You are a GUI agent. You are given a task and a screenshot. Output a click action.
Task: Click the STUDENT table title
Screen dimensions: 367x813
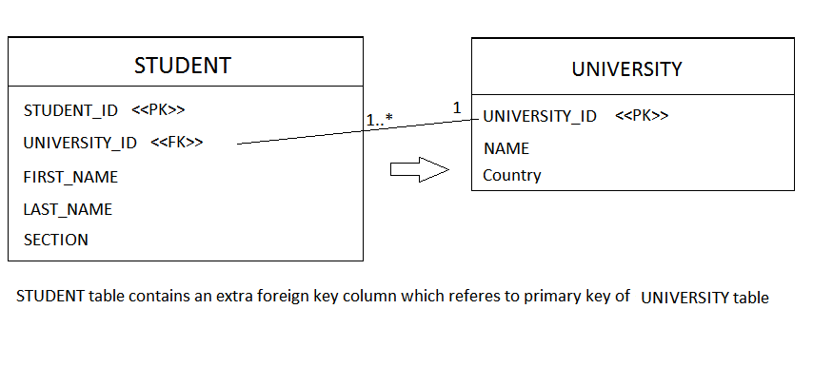(x=183, y=66)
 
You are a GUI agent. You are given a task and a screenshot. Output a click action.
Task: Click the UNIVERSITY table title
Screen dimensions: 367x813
(x=626, y=68)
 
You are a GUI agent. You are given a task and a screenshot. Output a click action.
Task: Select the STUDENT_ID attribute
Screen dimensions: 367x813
(x=70, y=110)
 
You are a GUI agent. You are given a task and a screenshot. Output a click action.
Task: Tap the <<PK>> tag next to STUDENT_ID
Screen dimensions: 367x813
(x=157, y=110)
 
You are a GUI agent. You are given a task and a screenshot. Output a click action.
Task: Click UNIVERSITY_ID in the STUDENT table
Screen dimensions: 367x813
(x=80, y=143)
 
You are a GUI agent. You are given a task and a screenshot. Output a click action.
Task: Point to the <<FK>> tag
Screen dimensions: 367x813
(x=177, y=143)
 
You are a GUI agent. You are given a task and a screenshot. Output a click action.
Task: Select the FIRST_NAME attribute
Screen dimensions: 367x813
(x=70, y=177)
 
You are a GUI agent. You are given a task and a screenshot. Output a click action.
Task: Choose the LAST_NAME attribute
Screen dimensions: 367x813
(x=68, y=209)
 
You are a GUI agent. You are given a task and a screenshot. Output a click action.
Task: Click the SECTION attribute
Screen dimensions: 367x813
(x=56, y=240)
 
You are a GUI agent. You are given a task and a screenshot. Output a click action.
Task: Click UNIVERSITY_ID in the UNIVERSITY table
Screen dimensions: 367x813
(x=540, y=116)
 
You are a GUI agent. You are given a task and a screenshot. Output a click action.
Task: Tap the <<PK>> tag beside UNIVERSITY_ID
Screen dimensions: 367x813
(x=642, y=116)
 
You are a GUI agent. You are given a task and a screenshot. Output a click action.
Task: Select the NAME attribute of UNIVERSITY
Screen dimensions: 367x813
(x=506, y=148)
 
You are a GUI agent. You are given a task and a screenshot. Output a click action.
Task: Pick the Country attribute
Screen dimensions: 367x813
(x=512, y=175)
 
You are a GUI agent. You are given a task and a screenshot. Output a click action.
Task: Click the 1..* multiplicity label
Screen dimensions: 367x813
(x=380, y=119)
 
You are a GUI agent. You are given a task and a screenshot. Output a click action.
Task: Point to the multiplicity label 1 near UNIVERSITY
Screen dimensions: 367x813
(x=457, y=108)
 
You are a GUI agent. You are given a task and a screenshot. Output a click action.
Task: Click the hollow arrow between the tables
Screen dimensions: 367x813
(x=419, y=169)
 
